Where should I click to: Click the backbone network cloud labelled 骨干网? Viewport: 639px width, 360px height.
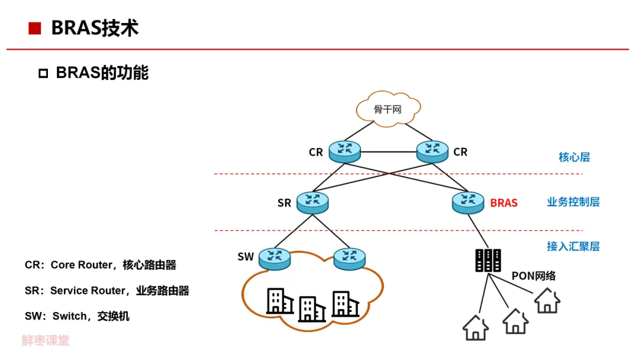tap(388, 109)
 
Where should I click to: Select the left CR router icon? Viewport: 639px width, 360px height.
tap(345, 152)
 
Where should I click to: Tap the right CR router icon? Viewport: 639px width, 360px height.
tap(433, 152)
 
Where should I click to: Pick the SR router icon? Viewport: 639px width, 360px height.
tap(313, 202)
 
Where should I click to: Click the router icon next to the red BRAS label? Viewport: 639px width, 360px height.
tap(468, 202)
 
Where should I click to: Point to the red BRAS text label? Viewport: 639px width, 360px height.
tap(504, 203)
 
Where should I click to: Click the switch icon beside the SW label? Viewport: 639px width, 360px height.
tap(275, 258)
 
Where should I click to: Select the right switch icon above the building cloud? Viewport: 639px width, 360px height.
tap(350, 258)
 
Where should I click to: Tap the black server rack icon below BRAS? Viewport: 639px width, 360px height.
tap(488, 260)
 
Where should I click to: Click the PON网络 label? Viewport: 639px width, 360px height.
tap(533, 276)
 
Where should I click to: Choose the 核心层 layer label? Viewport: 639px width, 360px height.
tap(574, 157)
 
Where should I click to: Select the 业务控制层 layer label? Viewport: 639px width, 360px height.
tap(573, 202)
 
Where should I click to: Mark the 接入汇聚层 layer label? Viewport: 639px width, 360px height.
tap(573, 246)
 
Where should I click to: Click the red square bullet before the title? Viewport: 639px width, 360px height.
tap(34, 28)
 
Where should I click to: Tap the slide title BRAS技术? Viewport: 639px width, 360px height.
tap(95, 28)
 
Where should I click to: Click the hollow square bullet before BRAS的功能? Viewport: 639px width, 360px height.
tap(43, 73)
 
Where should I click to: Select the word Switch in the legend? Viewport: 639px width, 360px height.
tap(69, 316)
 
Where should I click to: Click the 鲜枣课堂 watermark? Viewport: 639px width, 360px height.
tap(46, 340)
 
